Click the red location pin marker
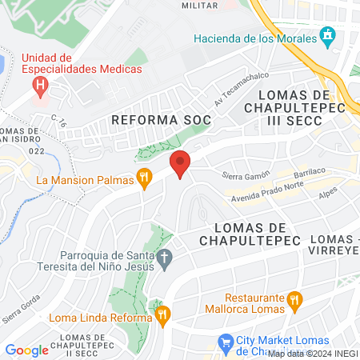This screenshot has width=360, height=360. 180,163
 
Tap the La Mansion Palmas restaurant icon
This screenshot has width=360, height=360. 144,179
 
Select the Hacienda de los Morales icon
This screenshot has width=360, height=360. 326,36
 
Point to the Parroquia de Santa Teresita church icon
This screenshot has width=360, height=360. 166,259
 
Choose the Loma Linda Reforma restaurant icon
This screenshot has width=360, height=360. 162,315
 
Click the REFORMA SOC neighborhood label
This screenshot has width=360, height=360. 161,120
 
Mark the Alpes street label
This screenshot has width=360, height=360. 328,194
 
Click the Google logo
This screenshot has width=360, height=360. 26,350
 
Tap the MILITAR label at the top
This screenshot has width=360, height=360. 199,5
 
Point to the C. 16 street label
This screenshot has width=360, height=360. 58,120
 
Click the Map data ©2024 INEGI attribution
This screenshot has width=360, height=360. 313,354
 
